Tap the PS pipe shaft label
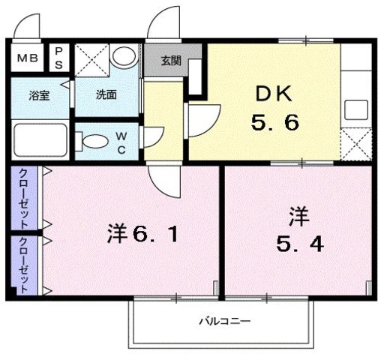(x=58, y=58)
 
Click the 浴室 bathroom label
(x=39, y=96)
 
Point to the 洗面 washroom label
(x=105, y=96)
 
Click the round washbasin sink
(x=124, y=58)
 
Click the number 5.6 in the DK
(x=277, y=123)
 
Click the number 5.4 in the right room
(x=298, y=244)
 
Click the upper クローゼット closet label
(x=24, y=199)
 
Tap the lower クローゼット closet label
(x=24, y=264)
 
